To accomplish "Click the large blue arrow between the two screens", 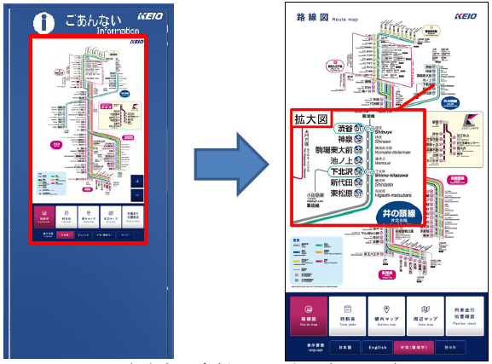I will point(223,180).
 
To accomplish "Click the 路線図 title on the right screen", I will point(312,15).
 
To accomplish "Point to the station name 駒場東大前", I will point(335,150).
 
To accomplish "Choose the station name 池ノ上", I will point(342,161).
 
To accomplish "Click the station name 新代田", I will point(341,182).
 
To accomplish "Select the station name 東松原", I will point(341,193).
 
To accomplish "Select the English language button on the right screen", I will point(377,348).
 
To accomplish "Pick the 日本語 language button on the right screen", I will point(342,348).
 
